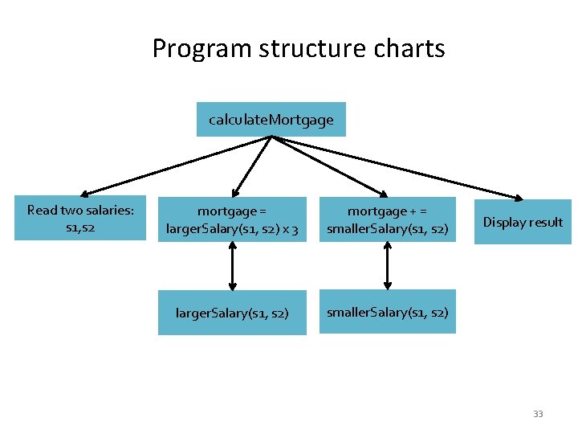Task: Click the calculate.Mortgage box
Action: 271,120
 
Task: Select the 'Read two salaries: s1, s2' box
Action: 80,218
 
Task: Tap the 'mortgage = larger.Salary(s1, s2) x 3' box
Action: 232,219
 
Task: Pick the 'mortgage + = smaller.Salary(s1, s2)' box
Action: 387,219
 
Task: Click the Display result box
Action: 523,222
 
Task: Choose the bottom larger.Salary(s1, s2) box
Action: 232,312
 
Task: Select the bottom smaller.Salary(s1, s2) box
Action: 387,312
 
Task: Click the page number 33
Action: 538,414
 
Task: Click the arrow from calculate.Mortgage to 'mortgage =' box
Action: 252,166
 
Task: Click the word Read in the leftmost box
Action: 43,211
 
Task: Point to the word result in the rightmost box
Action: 546,222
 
